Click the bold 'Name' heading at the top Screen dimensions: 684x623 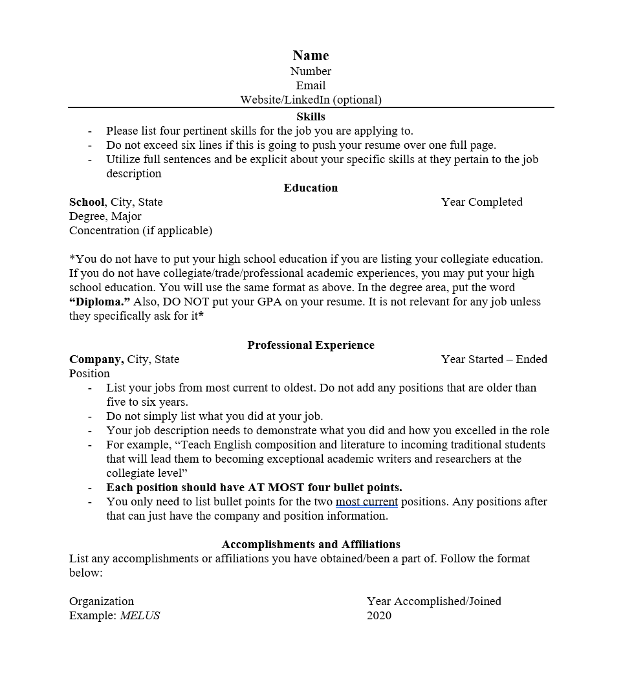point(311,56)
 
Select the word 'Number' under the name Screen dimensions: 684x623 point(311,71)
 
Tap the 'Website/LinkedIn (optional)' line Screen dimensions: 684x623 point(311,100)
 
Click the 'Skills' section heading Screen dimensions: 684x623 point(311,116)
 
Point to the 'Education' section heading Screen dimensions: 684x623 point(311,188)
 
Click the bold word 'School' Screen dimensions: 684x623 point(87,202)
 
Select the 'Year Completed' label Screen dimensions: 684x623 point(481,202)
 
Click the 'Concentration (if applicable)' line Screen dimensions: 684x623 point(140,230)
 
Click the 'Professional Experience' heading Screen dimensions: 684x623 point(311,345)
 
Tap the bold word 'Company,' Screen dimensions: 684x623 point(96,359)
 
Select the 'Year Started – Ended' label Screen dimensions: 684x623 point(494,359)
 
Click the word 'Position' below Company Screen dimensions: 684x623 point(89,373)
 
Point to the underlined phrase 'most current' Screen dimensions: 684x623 point(366,502)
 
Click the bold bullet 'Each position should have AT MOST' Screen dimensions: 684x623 point(254,487)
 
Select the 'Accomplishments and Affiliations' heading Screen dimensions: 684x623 point(311,544)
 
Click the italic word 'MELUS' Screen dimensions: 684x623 point(140,615)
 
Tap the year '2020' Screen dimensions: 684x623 point(378,615)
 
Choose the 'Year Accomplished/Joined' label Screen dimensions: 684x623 point(433,601)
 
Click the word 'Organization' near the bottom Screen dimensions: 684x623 point(102,601)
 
